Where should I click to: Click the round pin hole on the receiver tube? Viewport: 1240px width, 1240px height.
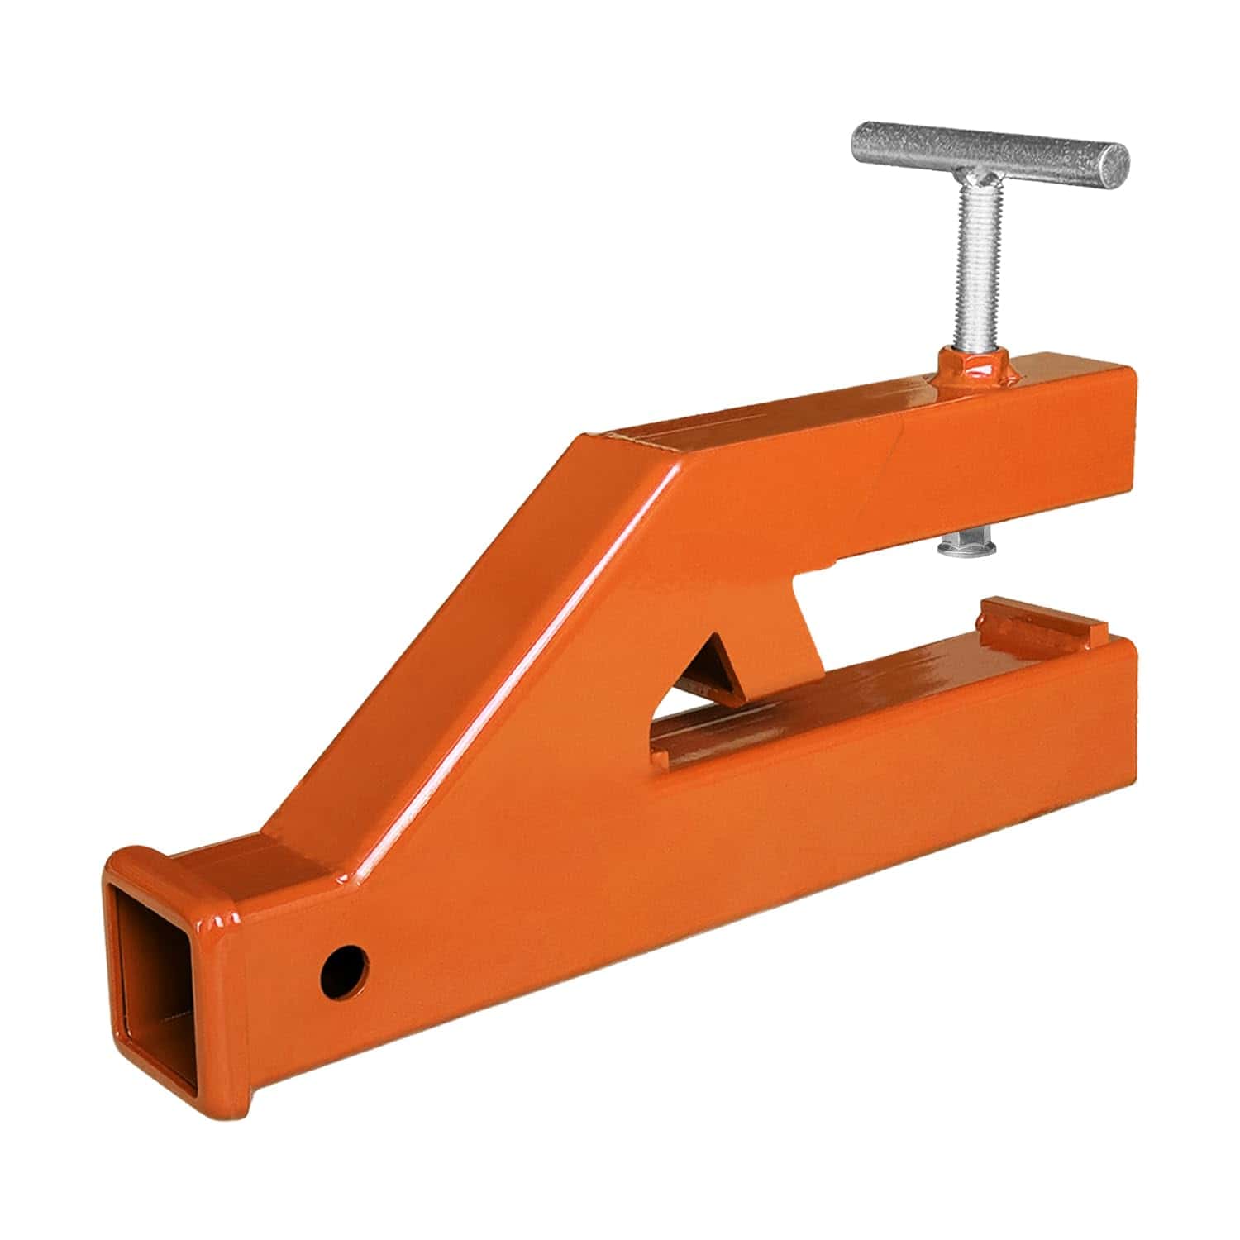(x=346, y=973)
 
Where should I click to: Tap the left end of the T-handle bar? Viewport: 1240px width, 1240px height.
(x=864, y=142)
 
